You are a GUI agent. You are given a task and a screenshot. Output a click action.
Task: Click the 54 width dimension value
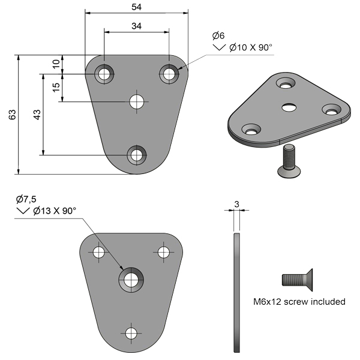click(136, 7)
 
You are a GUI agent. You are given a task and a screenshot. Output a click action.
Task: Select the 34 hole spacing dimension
click(136, 26)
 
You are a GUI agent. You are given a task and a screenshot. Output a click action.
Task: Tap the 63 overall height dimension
click(12, 115)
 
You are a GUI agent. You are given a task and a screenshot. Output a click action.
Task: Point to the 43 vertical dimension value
click(37, 115)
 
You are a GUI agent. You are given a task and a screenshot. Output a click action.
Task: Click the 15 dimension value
click(56, 88)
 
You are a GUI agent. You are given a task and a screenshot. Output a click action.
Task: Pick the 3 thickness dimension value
click(237, 204)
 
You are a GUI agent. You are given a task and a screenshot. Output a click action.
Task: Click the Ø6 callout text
click(218, 35)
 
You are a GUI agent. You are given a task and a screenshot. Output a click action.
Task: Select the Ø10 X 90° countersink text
click(250, 47)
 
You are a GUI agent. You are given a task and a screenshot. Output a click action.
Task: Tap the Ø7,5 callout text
click(26, 199)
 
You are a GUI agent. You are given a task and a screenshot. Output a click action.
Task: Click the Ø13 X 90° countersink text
click(55, 211)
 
